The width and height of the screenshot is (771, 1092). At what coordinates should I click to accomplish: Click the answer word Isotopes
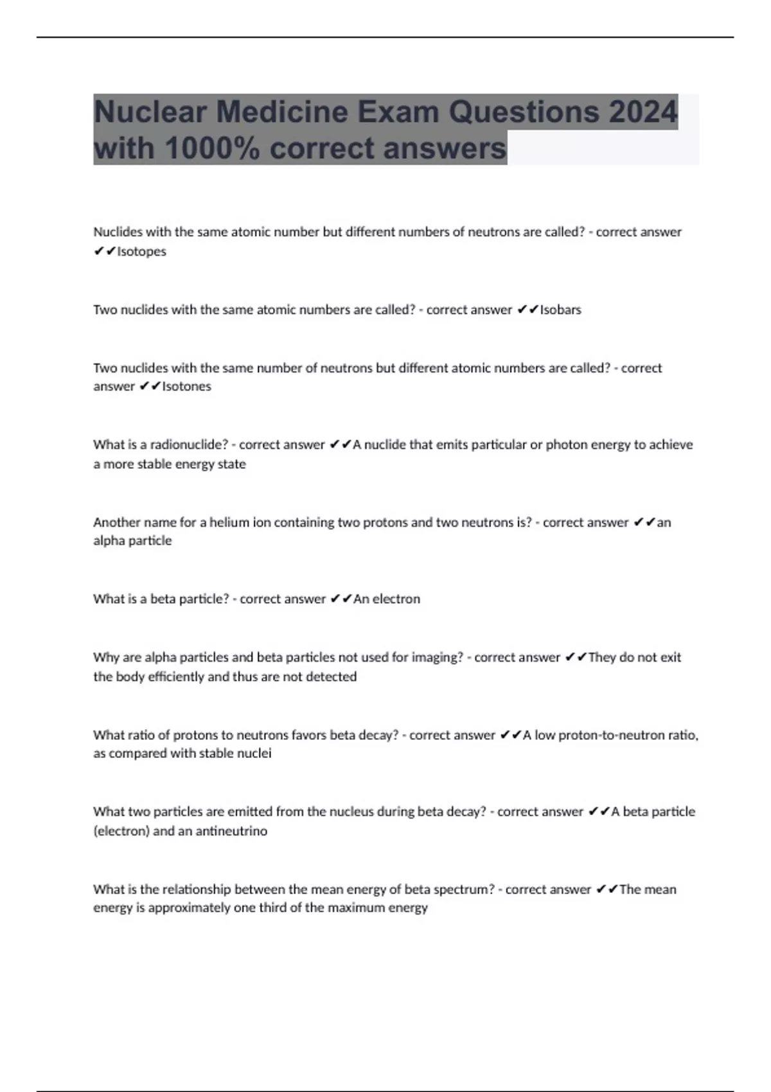click(141, 251)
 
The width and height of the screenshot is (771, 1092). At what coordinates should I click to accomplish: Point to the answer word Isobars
click(560, 310)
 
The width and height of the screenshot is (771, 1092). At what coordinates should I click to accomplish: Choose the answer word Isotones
click(186, 386)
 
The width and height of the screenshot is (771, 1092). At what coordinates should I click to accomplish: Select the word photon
click(565, 445)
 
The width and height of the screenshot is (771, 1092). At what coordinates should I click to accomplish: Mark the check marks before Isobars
click(527, 310)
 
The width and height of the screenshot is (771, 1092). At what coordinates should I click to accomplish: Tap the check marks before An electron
click(341, 599)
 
